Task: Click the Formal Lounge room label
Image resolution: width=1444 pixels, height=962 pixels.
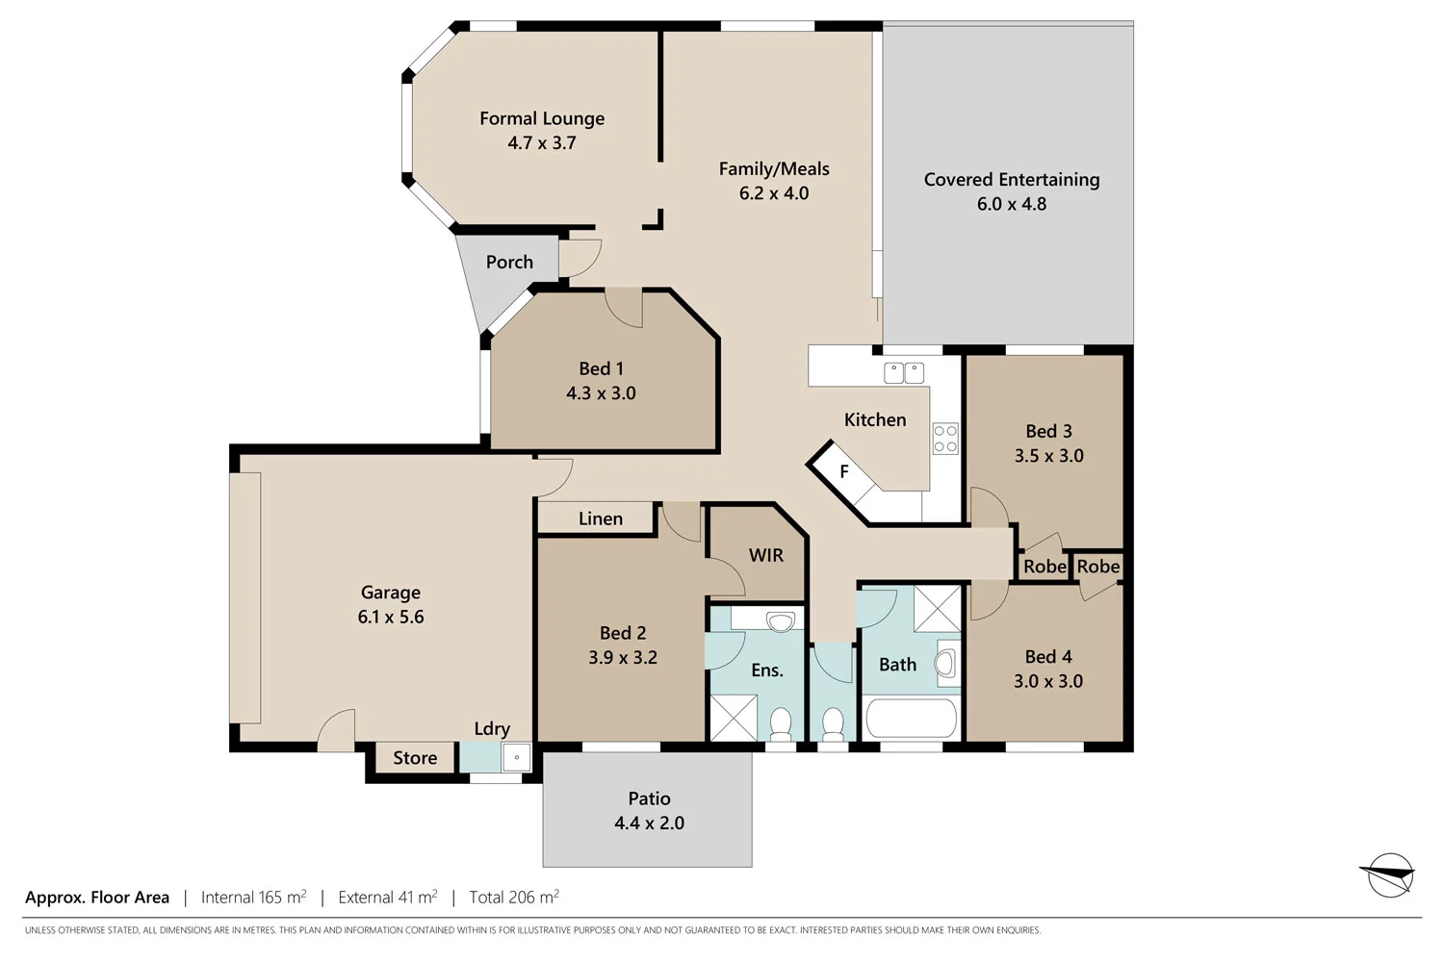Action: [x=542, y=118]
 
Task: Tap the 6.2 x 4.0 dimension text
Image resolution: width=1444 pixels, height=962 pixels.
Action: [x=773, y=193]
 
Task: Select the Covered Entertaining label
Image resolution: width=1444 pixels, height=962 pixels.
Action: [x=1011, y=180]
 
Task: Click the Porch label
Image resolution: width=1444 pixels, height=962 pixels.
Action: [x=509, y=262]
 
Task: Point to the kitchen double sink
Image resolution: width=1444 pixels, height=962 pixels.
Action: [x=904, y=372]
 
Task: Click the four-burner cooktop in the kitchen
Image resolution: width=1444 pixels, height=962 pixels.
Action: [x=945, y=440]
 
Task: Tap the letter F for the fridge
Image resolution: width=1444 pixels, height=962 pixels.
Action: [x=844, y=471]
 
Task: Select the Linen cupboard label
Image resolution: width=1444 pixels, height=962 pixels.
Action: [x=600, y=519]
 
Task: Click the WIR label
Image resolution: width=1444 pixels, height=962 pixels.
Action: [x=765, y=555]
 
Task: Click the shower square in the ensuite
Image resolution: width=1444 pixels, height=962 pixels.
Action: [x=734, y=717]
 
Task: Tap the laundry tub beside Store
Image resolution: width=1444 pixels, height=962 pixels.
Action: [x=516, y=758]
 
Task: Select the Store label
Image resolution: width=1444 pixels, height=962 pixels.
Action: [x=415, y=758]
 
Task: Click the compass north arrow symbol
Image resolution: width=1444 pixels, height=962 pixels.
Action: [x=1389, y=875]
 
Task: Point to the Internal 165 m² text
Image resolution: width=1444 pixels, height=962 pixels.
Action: [x=253, y=898]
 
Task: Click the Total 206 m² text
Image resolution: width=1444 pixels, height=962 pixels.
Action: [x=513, y=898]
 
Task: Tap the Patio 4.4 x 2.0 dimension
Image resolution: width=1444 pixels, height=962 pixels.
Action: [x=649, y=823]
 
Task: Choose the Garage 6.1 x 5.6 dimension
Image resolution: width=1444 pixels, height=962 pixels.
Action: [x=391, y=617]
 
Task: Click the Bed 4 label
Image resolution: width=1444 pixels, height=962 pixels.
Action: [x=1047, y=657]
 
